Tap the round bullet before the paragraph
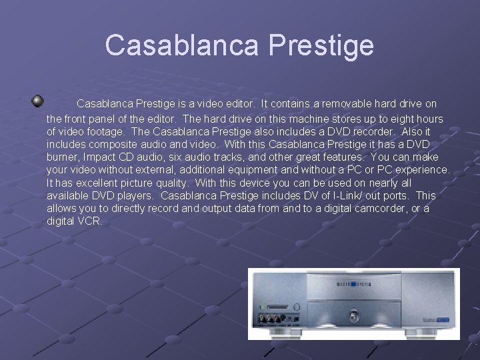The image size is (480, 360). (38, 101)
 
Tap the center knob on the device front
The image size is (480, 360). (354, 312)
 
